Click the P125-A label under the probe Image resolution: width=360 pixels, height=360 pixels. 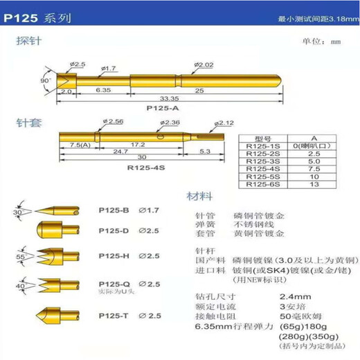coord(162,109)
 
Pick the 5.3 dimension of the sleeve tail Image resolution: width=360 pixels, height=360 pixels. coord(206,151)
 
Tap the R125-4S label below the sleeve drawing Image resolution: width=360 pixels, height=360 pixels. coord(143,167)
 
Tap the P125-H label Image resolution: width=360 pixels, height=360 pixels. coord(114,255)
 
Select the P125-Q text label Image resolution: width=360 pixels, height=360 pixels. coord(114,283)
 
